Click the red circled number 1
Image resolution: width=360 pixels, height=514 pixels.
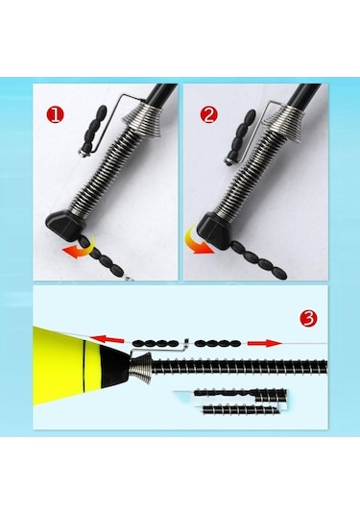coord(56,115)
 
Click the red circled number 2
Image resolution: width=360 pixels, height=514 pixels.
coord(208,115)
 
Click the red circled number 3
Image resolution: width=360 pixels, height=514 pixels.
coord(308,318)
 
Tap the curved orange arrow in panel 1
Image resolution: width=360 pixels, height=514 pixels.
coord(79,249)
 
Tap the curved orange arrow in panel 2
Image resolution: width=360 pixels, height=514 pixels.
coord(197,242)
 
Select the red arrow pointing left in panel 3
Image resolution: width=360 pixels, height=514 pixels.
coord(108,339)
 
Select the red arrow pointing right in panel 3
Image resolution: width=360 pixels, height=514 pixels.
coord(265,343)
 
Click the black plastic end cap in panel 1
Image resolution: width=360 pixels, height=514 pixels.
coord(65,225)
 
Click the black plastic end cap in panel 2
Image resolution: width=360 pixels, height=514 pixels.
coord(213,230)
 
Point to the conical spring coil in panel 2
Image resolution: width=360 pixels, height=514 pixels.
coord(285,125)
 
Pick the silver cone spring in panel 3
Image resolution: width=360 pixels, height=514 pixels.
coord(141,366)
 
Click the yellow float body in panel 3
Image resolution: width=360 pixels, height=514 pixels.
coord(65,366)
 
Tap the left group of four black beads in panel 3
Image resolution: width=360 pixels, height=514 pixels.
coord(156,344)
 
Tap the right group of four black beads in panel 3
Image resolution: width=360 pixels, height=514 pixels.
coord(218,344)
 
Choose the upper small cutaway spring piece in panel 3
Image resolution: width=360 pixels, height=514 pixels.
coord(240,395)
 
